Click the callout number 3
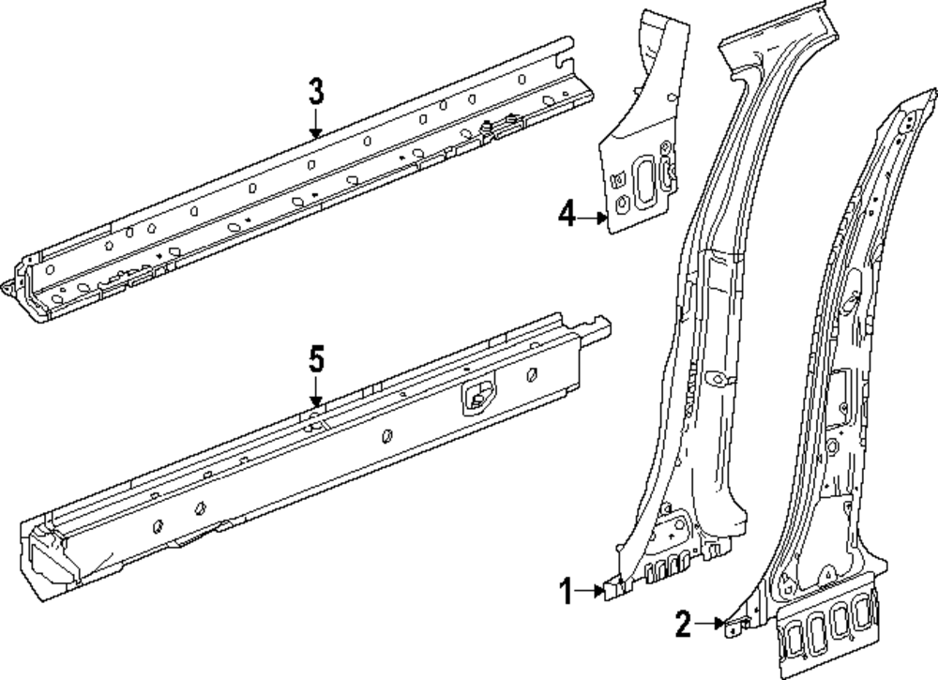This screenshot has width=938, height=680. pyautogui.click(x=316, y=92)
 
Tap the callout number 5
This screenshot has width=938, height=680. pyautogui.click(x=316, y=359)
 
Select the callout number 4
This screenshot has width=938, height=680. pyautogui.click(x=566, y=216)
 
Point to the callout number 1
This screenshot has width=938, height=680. pyautogui.click(x=566, y=591)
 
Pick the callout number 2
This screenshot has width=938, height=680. pyautogui.click(x=684, y=623)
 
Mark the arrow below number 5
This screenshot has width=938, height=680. pyautogui.click(x=316, y=392)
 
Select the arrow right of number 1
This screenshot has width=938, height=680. pyautogui.click(x=595, y=591)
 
